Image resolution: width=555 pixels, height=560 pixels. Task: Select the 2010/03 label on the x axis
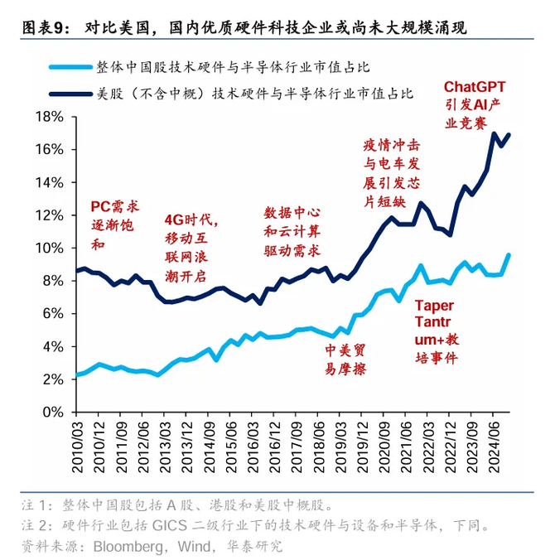[x=78, y=447]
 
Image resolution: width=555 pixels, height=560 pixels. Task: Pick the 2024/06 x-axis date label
[x=494, y=447]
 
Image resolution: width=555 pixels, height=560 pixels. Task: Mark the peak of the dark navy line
[x=495, y=133]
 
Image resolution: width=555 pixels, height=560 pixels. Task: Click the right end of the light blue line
[x=509, y=255]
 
